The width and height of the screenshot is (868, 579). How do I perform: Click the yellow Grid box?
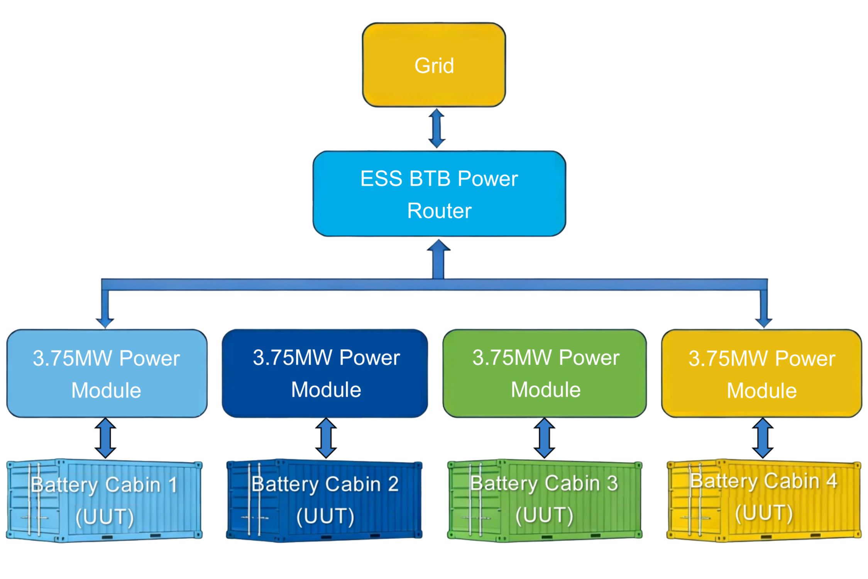point(434,65)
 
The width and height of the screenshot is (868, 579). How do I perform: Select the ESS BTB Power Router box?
point(439,193)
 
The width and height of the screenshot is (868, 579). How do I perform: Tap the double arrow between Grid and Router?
point(437,128)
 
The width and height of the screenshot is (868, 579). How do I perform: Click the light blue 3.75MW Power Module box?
point(107,373)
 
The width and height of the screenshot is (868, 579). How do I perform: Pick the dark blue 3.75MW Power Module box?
point(325,373)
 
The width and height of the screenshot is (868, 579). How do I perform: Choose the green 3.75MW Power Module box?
point(545,373)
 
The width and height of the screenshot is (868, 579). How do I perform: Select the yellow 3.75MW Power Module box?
point(761,373)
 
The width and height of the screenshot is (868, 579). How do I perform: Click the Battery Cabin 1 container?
point(104,500)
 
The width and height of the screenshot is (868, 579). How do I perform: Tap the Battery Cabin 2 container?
point(324,500)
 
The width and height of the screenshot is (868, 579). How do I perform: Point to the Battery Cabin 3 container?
point(545,500)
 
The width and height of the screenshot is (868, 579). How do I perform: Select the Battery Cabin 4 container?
point(764,500)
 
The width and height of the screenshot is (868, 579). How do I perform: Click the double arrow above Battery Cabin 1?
point(105,438)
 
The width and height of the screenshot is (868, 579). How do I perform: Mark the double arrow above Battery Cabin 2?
point(326,438)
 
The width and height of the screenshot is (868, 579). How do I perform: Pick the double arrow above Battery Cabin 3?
point(545,438)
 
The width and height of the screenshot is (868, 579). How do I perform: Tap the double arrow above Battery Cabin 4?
point(763,438)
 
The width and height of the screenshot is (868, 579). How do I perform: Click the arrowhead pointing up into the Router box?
point(438,247)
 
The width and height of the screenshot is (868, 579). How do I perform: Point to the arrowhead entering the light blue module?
point(105,322)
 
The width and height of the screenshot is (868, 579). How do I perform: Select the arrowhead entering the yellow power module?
point(763,322)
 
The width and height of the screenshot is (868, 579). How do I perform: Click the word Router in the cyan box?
point(439,211)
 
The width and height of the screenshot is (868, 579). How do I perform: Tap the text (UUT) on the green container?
point(544,515)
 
